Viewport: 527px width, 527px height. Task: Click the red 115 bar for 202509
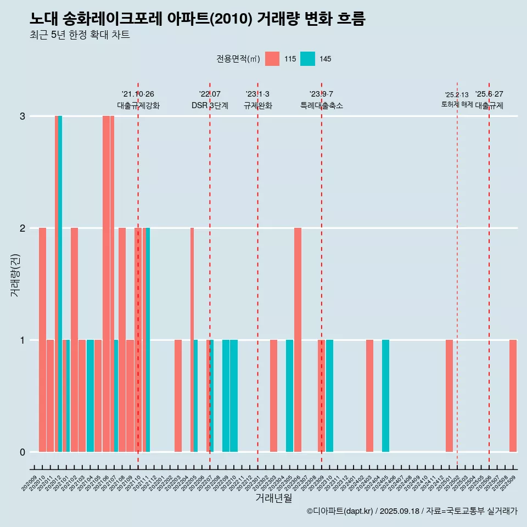click(x=513, y=395)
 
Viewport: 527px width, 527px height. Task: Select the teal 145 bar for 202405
click(x=385, y=395)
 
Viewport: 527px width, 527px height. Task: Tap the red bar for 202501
click(x=449, y=395)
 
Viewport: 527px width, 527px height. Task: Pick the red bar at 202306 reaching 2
click(x=298, y=340)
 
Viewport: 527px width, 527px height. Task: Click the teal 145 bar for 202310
click(x=329, y=395)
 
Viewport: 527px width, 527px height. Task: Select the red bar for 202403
click(x=369, y=395)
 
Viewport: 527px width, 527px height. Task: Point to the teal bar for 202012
click(x=60, y=284)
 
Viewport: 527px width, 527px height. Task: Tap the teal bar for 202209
click(x=226, y=395)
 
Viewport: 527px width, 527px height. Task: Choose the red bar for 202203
click(x=178, y=395)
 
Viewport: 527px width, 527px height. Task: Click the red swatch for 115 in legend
click(x=272, y=59)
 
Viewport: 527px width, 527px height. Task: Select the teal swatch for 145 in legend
click(x=307, y=59)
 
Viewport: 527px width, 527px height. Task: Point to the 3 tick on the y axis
click(x=23, y=116)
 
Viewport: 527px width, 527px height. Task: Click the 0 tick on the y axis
click(x=23, y=452)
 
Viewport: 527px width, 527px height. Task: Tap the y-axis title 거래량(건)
click(x=15, y=274)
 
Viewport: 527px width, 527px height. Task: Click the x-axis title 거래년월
click(x=273, y=498)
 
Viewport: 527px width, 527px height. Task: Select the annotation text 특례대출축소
click(x=322, y=105)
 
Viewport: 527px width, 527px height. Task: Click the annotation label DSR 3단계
click(x=210, y=105)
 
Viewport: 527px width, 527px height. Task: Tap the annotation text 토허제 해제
click(x=457, y=104)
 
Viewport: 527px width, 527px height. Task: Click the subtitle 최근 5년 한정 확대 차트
click(x=80, y=35)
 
